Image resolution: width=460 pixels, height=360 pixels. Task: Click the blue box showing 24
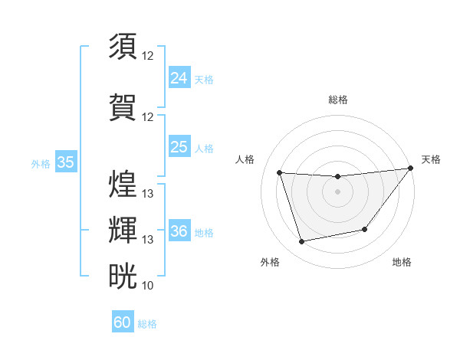[x=179, y=78]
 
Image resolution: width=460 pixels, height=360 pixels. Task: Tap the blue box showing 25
[x=179, y=147]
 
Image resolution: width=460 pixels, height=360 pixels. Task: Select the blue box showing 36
[x=179, y=231]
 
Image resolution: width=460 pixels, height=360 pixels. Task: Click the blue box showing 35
[x=66, y=162]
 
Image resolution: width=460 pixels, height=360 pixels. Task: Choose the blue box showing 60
[x=123, y=322]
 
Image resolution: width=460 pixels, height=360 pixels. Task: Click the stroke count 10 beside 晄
[x=148, y=286]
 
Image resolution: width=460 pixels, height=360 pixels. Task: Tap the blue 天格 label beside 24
[x=204, y=80]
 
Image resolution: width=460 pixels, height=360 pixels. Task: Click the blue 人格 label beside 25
[x=204, y=149]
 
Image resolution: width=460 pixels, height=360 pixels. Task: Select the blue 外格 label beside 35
[x=41, y=164]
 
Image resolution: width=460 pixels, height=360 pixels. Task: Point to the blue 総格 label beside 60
[x=147, y=324]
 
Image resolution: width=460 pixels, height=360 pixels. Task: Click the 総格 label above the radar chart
[x=337, y=100]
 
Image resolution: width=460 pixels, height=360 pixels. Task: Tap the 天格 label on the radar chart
[x=431, y=159]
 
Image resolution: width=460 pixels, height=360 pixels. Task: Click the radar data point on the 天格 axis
[x=411, y=169]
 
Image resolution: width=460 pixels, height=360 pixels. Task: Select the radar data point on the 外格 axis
[x=302, y=242]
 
